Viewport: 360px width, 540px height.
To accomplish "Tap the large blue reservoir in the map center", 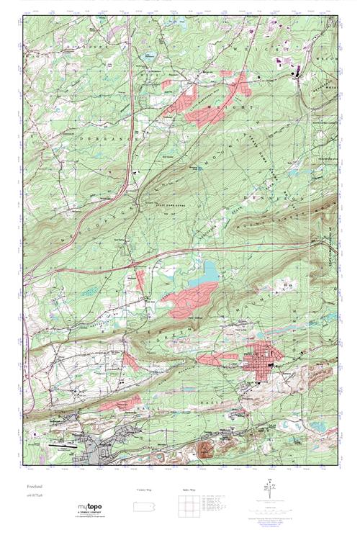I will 207,271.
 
